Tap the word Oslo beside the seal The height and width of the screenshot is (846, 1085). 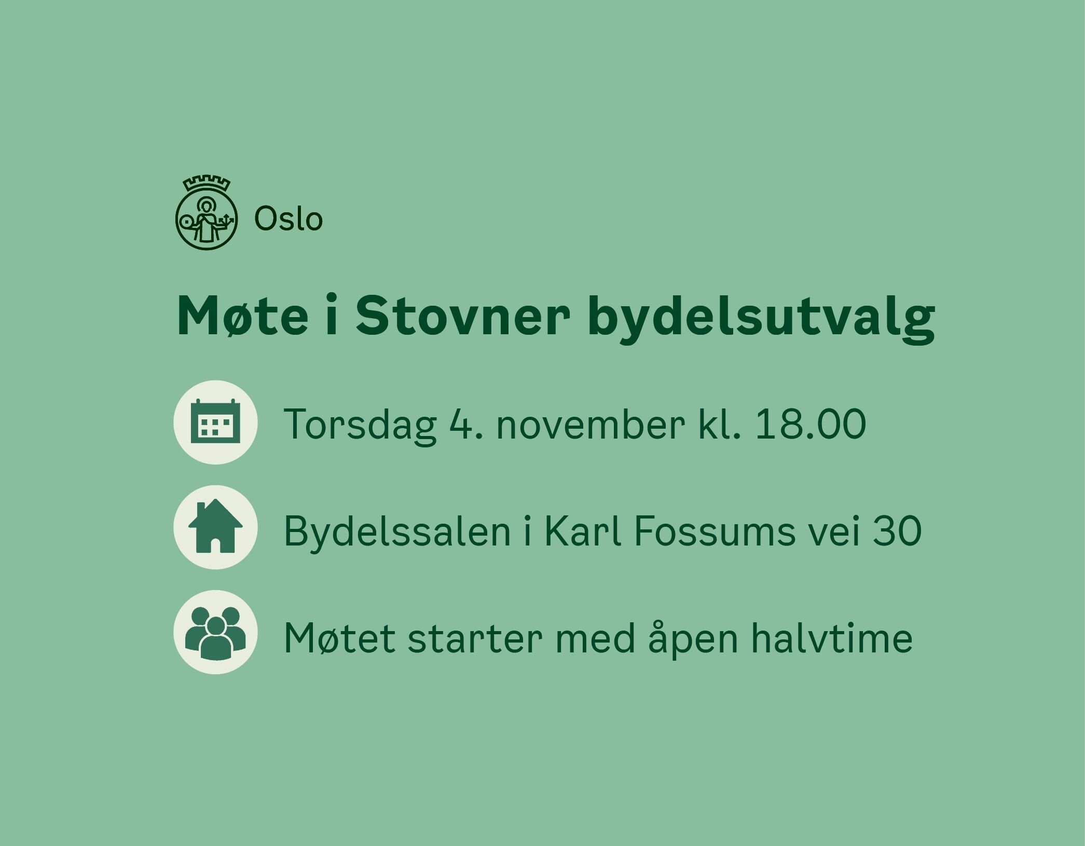(289, 219)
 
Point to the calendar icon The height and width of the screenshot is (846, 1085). (215, 422)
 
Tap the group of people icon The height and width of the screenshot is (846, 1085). (215, 632)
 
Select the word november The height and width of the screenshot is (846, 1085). (590, 424)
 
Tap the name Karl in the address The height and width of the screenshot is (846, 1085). (583, 530)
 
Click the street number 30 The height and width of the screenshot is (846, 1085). (897, 531)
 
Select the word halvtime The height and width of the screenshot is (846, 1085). (832, 637)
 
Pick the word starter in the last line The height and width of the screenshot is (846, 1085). (475, 638)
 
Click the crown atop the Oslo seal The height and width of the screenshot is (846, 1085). (207, 184)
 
